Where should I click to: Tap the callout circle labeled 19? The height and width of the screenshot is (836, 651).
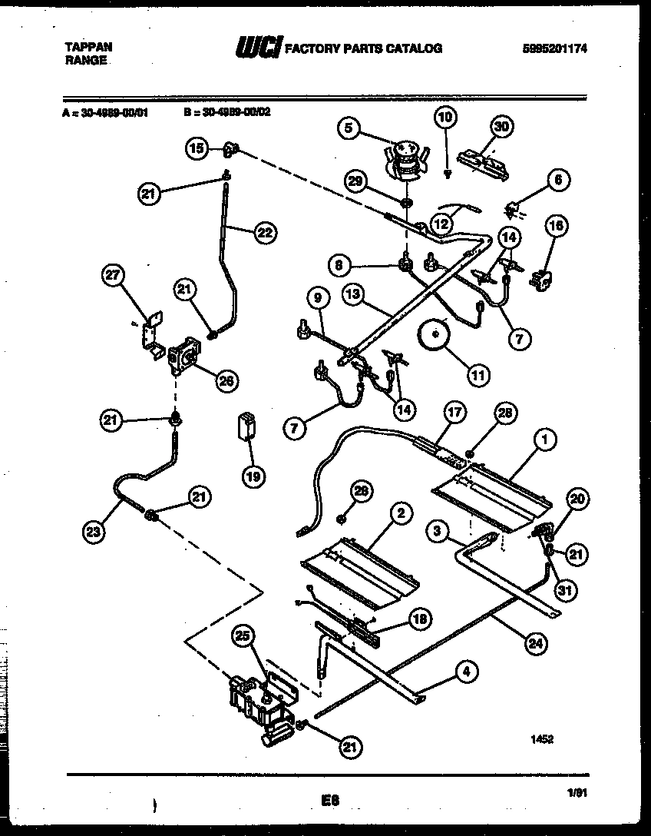(x=253, y=476)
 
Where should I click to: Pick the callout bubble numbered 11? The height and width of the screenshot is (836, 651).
(x=478, y=376)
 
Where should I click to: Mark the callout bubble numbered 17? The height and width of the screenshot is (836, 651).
(x=455, y=412)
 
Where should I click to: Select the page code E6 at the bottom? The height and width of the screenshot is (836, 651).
(x=331, y=800)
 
